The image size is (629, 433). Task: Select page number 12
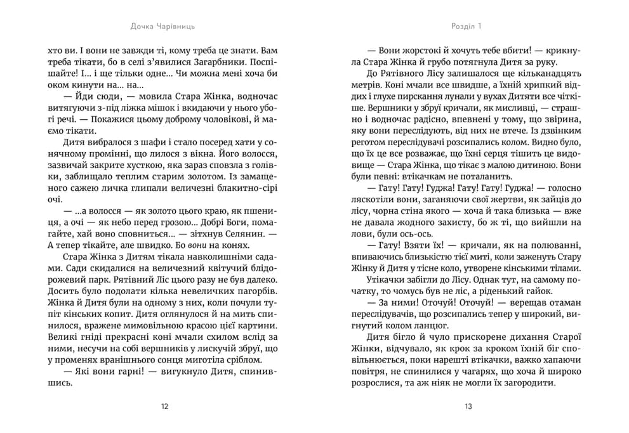pyautogui.click(x=165, y=406)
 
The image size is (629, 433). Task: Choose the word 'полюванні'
pyautogui.click(x=552, y=245)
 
